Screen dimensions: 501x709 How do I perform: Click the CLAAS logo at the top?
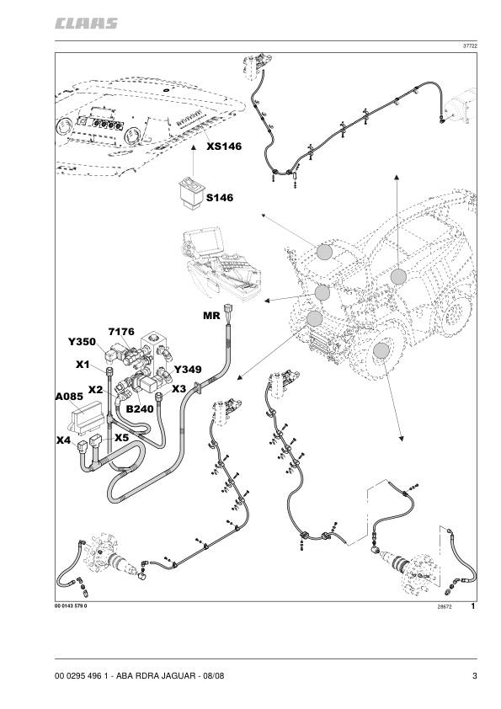(86, 24)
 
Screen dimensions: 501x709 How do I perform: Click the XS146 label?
(224, 146)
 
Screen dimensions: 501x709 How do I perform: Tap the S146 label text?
(220, 198)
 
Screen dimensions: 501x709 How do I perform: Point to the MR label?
(211, 316)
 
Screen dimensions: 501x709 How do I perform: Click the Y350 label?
(83, 342)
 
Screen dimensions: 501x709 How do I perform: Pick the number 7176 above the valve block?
(121, 332)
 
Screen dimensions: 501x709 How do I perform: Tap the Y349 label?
(188, 370)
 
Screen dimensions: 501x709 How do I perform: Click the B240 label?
(140, 409)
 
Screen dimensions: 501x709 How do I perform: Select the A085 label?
(69, 397)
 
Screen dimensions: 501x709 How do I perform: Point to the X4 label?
(63, 440)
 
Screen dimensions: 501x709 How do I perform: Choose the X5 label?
(121, 438)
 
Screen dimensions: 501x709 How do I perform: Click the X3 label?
(179, 389)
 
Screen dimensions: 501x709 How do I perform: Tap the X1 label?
(83, 365)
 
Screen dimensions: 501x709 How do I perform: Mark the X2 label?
(95, 390)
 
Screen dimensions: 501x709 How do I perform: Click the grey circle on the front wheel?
(381, 351)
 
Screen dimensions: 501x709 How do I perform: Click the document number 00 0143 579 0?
(71, 606)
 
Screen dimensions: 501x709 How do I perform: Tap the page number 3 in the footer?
(475, 676)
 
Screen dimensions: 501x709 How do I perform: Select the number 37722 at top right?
(470, 46)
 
